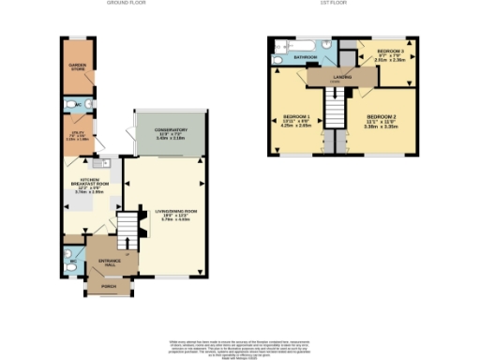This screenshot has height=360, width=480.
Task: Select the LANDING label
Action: point(341,78)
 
